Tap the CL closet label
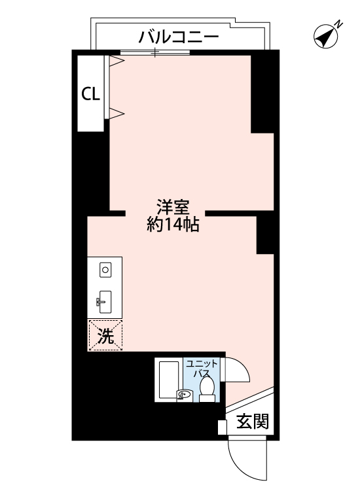90,94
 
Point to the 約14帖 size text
173,226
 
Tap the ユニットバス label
198,368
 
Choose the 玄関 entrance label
252,422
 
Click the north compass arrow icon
324,38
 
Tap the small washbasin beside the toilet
183,395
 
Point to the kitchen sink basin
105,302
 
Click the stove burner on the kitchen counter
105,269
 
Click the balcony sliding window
155,52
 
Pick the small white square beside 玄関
222,427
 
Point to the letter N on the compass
339,25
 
